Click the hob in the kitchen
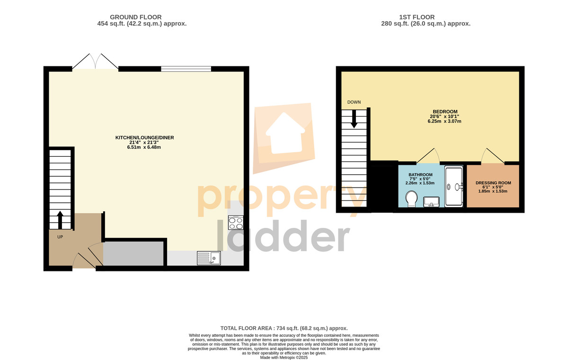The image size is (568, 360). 236,223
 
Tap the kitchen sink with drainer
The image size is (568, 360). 209,258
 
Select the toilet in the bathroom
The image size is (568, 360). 411,199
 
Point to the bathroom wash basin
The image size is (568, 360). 431,202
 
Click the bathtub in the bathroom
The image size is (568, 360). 454,187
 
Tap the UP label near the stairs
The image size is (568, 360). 60,237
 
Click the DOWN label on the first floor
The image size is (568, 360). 354,102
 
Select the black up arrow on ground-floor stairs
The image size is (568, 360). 60,220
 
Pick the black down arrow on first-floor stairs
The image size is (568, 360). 354,119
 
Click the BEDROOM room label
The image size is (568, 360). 445,112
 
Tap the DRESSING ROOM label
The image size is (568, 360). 493,183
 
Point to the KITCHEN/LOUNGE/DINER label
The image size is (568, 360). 144,138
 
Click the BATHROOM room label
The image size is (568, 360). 420,175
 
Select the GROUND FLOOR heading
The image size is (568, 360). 136,17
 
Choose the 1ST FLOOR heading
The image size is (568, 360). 417,17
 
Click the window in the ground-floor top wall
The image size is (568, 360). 186,69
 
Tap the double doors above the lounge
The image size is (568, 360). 95,62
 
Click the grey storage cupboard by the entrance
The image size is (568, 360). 133,254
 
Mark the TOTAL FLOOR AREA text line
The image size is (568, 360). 284,328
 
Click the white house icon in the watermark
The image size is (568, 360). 285,133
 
